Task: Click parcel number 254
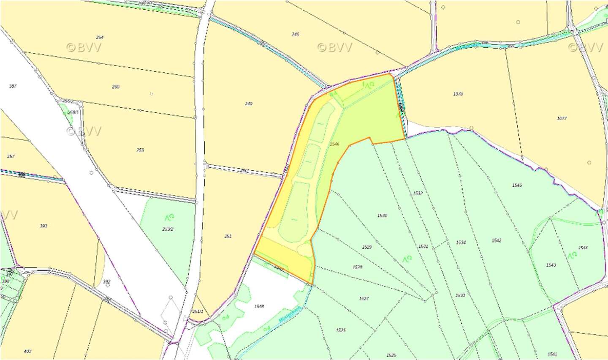click(100, 37)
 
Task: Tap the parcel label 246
click(296, 34)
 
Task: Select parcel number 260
click(116, 87)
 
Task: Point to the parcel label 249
click(249, 104)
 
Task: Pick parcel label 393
click(43, 226)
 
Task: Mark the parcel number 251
click(228, 236)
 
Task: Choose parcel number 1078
click(458, 94)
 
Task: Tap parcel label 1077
click(562, 118)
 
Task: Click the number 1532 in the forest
click(418, 193)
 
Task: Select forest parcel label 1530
click(382, 215)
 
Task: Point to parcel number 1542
click(497, 240)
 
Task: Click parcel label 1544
click(583, 248)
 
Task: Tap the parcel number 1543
click(551, 265)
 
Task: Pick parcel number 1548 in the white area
click(259, 306)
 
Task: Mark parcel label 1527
click(364, 298)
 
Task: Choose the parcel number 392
click(107, 281)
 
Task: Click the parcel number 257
click(11, 156)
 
